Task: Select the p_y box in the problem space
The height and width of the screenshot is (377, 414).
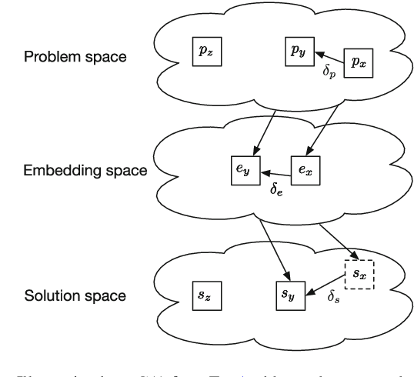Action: (x=297, y=51)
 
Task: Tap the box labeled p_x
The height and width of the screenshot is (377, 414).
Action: (x=359, y=63)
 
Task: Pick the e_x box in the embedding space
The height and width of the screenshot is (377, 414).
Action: (x=305, y=169)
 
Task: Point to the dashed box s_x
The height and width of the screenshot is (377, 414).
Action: (x=359, y=273)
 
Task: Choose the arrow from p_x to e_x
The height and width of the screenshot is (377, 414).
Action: (x=329, y=115)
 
